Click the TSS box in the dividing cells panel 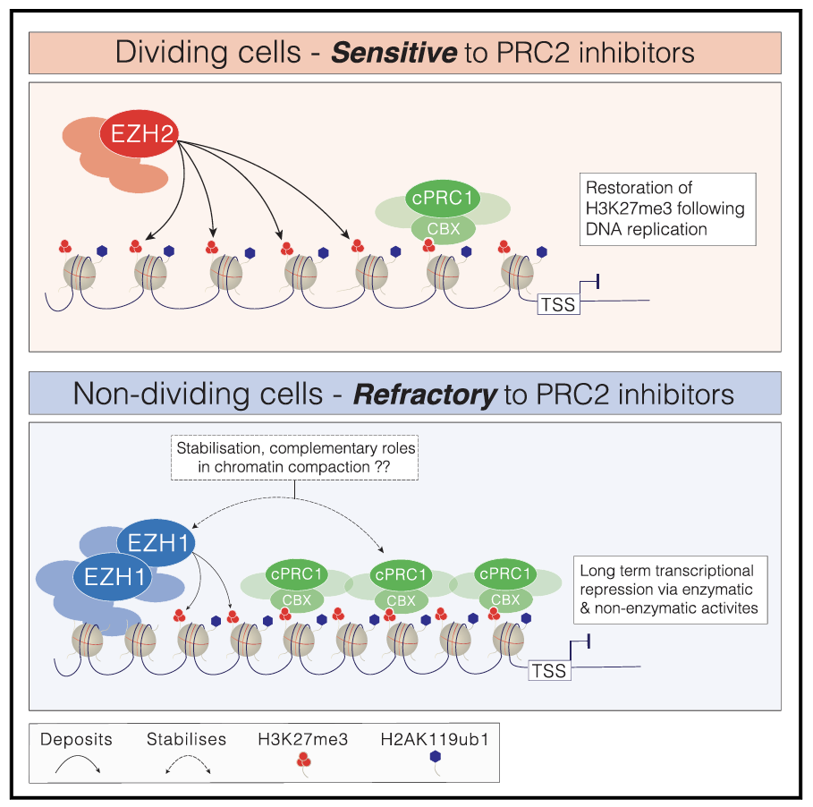click(557, 305)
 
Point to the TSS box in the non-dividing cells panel click(548, 669)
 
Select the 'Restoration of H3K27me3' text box click(666, 208)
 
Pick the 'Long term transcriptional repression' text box click(671, 590)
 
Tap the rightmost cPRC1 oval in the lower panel click(505, 573)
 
